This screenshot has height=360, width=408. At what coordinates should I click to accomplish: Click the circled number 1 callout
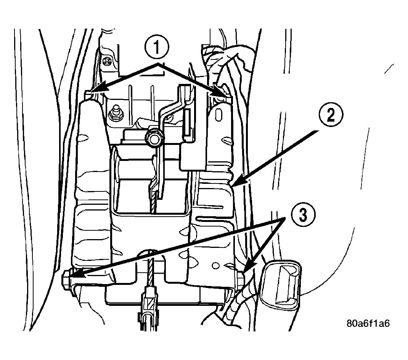[157, 48]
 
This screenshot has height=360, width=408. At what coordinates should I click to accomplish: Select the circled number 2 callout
[331, 114]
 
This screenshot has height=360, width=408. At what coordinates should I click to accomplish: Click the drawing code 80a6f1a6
[368, 323]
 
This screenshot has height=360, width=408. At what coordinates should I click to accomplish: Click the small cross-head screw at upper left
[106, 61]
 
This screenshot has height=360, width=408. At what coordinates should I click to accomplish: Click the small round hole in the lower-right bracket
[215, 266]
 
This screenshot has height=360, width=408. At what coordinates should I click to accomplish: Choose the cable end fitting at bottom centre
[148, 307]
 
